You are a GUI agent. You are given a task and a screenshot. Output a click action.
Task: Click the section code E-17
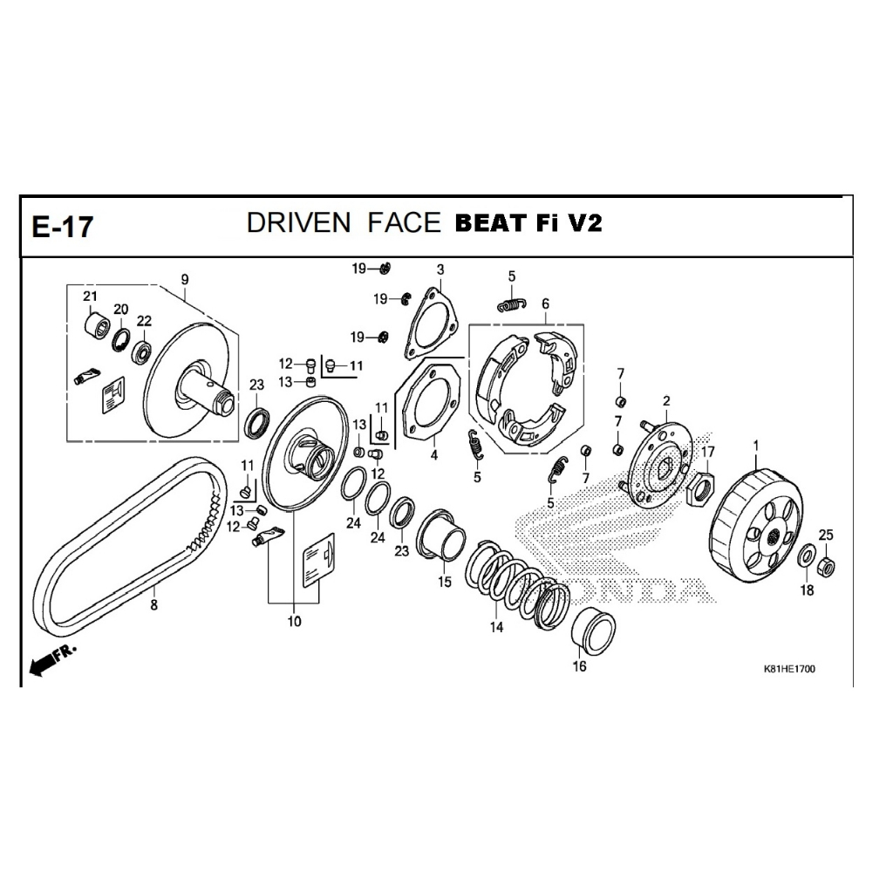pyautogui.click(x=62, y=227)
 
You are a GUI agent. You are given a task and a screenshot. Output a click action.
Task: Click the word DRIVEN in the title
pyautogui.click(x=298, y=222)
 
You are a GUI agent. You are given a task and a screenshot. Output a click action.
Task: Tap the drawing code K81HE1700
pyautogui.click(x=788, y=669)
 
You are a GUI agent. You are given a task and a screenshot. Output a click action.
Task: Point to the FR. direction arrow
pyautogui.click(x=51, y=662)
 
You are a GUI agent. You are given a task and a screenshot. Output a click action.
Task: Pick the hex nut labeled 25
pyautogui.click(x=826, y=566)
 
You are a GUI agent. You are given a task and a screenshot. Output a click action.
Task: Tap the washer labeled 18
pyautogui.click(x=806, y=556)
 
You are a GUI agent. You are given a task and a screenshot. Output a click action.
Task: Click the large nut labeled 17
pyautogui.click(x=700, y=489)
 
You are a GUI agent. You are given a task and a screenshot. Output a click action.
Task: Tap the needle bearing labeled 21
pyautogui.click(x=97, y=326)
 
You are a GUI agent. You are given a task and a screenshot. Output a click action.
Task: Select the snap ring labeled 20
pyautogui.click(x=120, y=340)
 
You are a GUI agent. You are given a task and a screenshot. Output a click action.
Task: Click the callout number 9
pyautogui.click(x=185, y=280)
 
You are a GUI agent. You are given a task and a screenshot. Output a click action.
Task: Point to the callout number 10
pyautogui.click(x=294, y=621)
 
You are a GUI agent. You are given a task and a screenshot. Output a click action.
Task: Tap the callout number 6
pyautogui.click(x=545, y=303)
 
